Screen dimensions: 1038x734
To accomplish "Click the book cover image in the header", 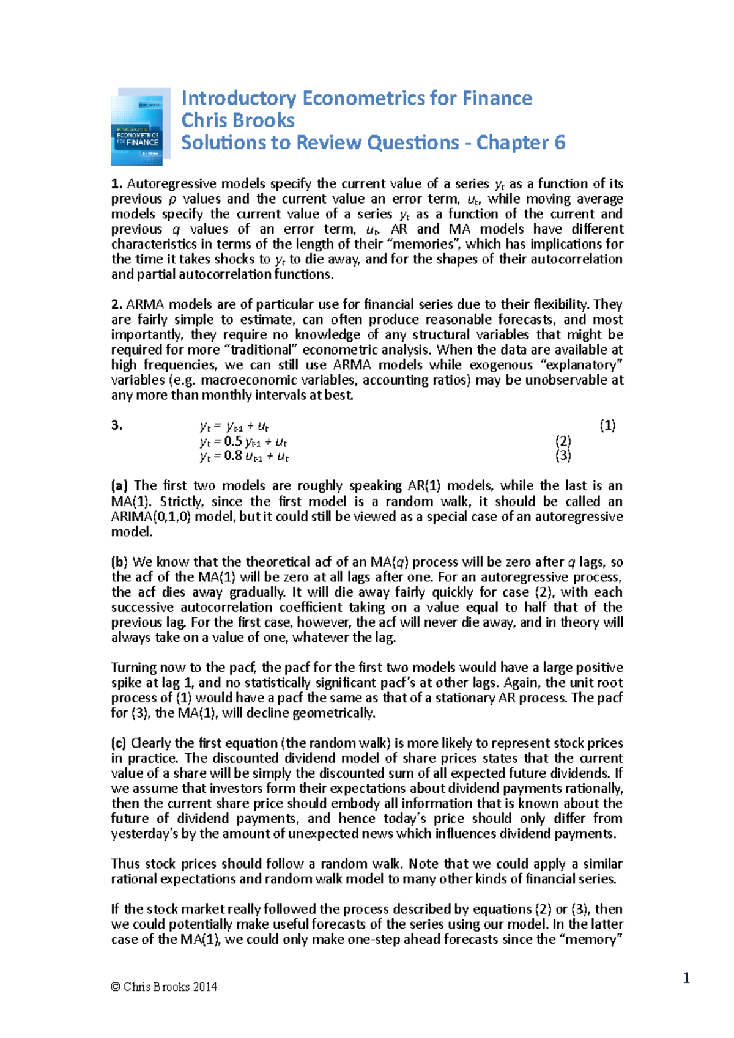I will (x=139, y=127).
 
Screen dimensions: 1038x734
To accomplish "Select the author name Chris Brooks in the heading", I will (x=238, y=120).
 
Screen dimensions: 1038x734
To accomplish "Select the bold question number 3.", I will (x=117, y=425).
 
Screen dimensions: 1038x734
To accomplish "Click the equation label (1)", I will (x=607, y=425).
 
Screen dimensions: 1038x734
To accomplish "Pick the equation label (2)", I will (x=563, y=441).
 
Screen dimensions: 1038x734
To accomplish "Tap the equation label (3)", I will (x=563, y=455).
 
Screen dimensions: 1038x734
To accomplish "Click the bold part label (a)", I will (x=119, y=486).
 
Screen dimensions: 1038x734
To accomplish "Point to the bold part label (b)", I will (x=119, y=562).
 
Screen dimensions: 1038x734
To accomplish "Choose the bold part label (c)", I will (x=119, y=743).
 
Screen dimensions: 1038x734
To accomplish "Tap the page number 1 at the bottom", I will (x=686, y=979).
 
